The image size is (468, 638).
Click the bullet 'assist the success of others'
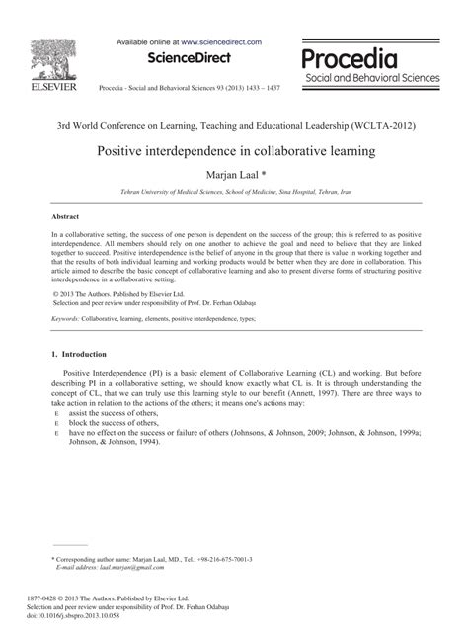[113, 415]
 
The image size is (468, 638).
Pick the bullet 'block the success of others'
[112, 424]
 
